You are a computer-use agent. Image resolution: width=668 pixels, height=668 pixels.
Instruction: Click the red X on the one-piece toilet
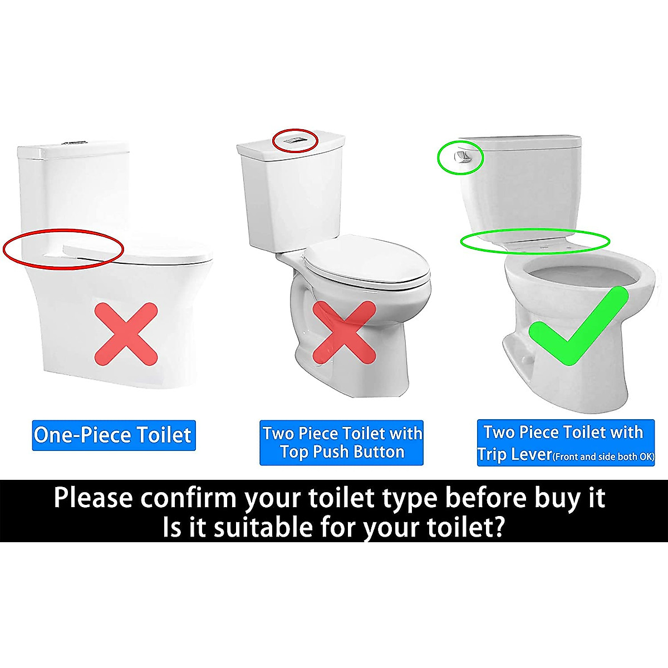click(126, 334)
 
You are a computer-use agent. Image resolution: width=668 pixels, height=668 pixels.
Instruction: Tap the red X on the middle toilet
click(343, 332)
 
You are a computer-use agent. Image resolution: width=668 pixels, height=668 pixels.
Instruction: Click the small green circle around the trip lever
click(460, 157)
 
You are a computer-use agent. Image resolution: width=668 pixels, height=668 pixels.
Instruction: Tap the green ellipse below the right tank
click(534, 242)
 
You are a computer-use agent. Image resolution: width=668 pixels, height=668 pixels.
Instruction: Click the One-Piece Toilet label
click(113, 435)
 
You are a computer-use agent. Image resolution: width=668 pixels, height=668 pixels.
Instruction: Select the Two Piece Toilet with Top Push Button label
click(342, 443)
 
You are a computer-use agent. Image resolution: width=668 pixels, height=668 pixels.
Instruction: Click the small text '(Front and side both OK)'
click(603, 456)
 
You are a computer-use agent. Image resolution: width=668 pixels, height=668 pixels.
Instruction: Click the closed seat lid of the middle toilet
click(367, 262)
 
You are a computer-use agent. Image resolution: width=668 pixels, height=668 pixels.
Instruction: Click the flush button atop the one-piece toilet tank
click(72, 143)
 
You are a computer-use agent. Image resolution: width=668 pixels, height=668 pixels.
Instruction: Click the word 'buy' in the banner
click(547, 497)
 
